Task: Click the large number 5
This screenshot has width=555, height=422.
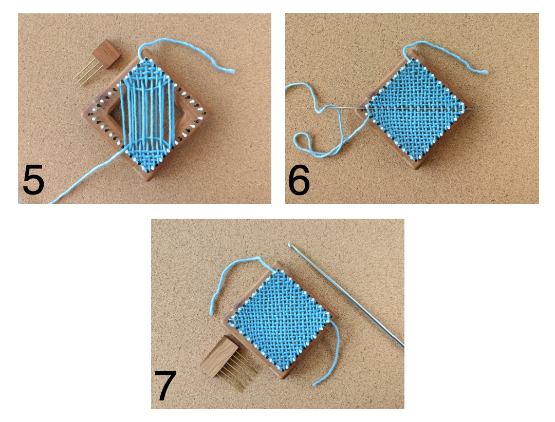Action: [33, 180]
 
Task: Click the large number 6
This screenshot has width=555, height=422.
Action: [299, 180]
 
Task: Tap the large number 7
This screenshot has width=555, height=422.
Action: [165, 386]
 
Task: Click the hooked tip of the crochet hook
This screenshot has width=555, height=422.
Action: [290, 245]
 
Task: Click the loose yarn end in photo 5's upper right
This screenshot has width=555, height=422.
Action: [232, 71]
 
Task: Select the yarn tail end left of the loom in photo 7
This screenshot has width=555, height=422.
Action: [212, 311]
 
